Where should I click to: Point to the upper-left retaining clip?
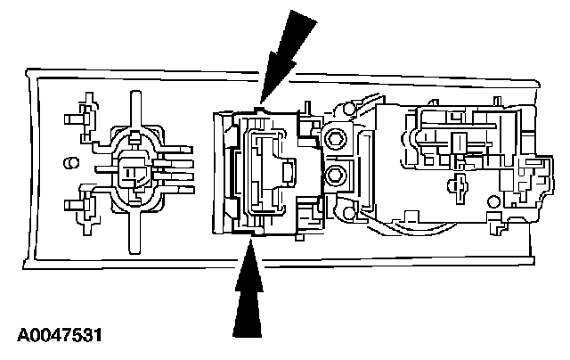87,114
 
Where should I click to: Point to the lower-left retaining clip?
87,207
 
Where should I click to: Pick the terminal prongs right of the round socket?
178,169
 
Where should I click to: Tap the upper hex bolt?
336,138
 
